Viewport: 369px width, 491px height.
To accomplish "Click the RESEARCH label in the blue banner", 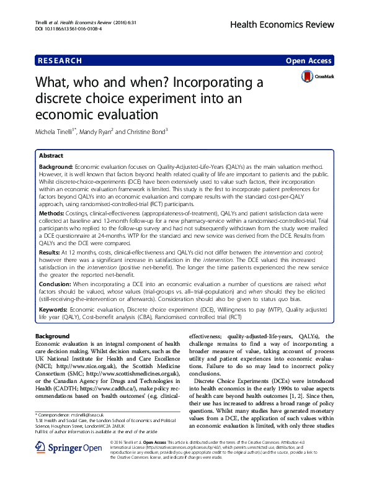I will (60, 61).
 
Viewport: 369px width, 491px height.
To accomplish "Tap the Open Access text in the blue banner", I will (309, 61).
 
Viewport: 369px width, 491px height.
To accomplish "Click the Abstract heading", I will (51, 156).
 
